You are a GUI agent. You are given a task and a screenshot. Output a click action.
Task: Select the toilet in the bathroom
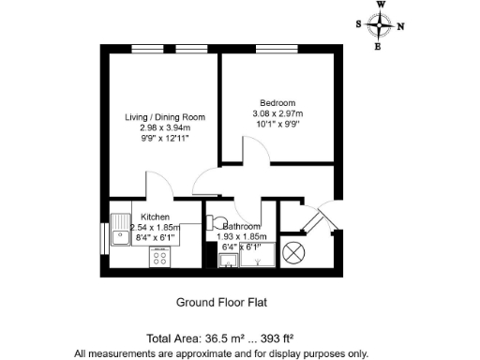[x=214, y=226]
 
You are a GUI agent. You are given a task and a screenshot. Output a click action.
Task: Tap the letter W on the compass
[x=381, y=5]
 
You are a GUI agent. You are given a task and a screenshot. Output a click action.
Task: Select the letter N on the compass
[x=401, y=26]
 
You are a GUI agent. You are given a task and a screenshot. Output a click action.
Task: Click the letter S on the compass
[x=360, y=26]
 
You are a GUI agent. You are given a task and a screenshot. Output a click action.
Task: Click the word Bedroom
[x=277, y=102]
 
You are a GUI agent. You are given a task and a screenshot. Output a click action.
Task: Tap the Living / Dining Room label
[x=165, y=117]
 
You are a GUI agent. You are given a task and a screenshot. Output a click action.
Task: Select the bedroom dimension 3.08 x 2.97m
[x=277, y=112]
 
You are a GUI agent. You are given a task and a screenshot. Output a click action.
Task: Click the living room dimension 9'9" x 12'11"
[x=165, y=139]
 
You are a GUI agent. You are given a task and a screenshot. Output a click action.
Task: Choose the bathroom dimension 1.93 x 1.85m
[x=242, y=237]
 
